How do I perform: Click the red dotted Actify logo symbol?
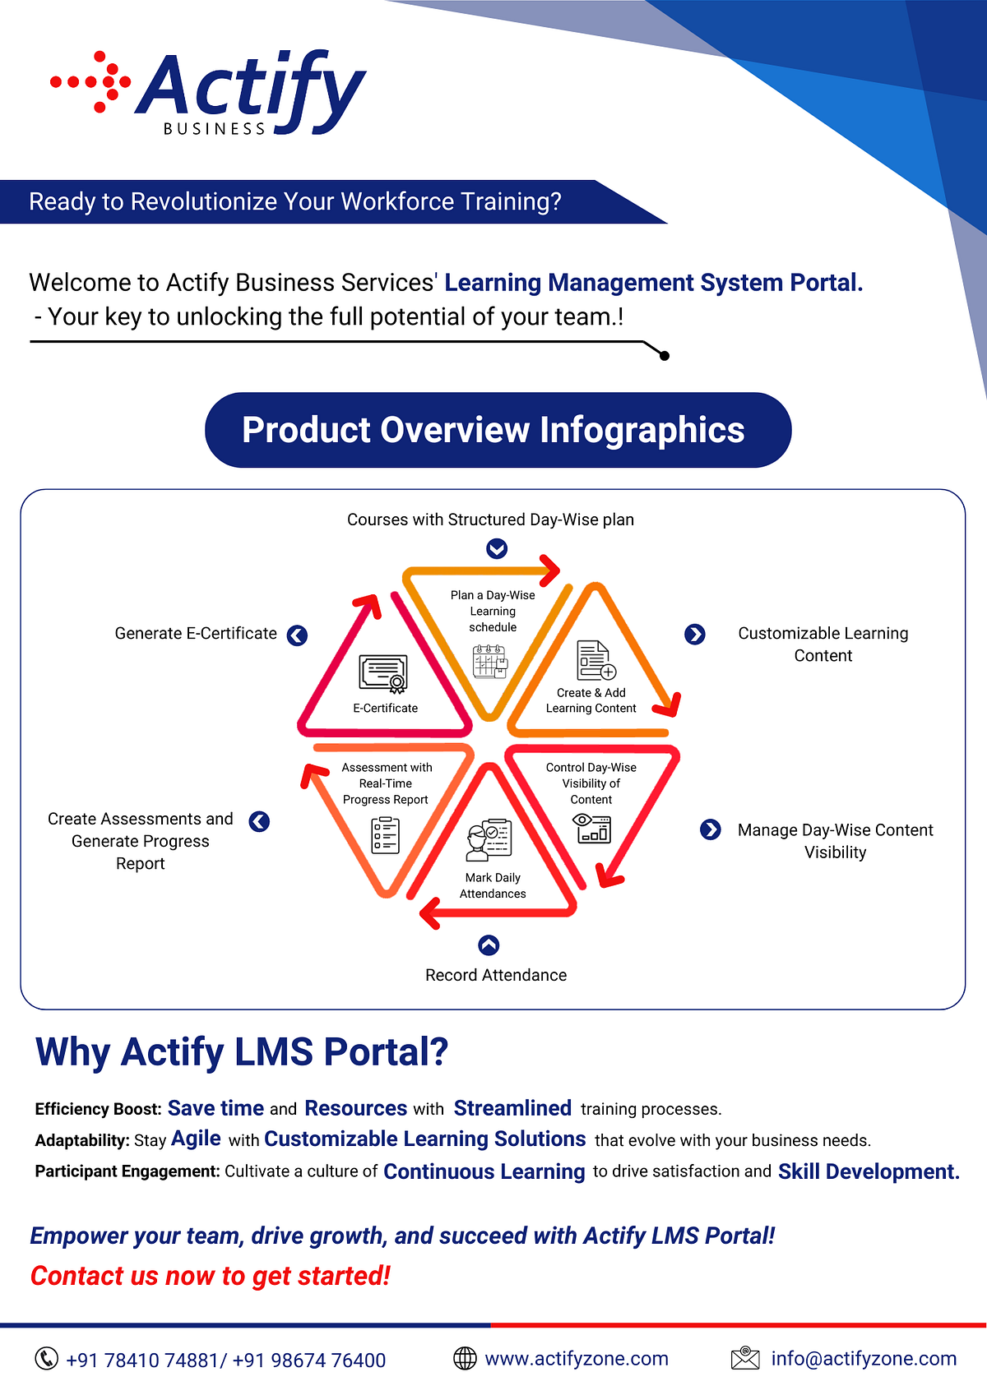pyautogui.click(x=91, y=81)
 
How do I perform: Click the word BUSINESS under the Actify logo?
pyautogui.click(x=215, y=129)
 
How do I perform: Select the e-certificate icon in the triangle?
pyautogui.click(x=383, y=673)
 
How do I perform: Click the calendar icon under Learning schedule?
pyautogui.click(x=490, y=661)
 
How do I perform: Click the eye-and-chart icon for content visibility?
pyautogui.click(x=593, y=828)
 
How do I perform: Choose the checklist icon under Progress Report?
pyautogui.click(x=385, y=835)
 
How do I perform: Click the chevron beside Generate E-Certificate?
pyautogui.click(x=297, y=635)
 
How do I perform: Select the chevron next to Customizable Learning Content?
pyautogui.click(x=695, y=634)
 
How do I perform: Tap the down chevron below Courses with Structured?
pyautogui.click(x=497, y=548)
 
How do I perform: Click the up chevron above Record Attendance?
pyautogui.click(x=489, y=945)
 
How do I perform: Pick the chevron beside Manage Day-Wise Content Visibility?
pyautogui.click(x=711, y=829)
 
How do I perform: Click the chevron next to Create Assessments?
pyautogui.click(x=259, y=821)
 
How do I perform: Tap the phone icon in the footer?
pyautogui.click(x=46, y=1359)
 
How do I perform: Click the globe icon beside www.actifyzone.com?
pyautogui.click(x=465, y=1359)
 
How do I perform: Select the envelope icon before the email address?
pyautogui.click(x=745, y=1358)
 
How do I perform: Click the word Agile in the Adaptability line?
pyautogui.click(x=196, y=1139)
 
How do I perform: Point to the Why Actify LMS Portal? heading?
pyautogui.click(x=242, y=1051)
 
